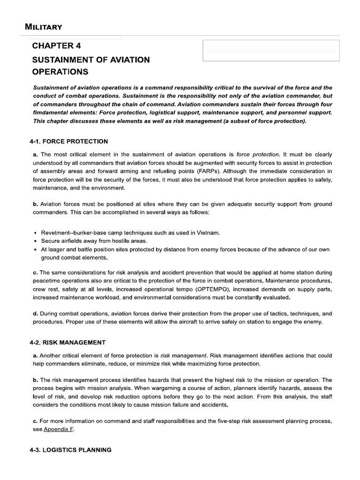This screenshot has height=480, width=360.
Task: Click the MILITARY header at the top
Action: (x=44, y=27)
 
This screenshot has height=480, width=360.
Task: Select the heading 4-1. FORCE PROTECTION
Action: (x=68, y=141)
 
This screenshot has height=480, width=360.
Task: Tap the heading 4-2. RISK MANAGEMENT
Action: (x=67, y=342)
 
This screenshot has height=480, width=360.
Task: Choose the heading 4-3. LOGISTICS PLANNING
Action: (x=70, y=450)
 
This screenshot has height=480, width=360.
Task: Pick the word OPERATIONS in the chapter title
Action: (x=60, y=72)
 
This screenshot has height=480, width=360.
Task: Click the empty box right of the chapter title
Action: (x=270, y=51)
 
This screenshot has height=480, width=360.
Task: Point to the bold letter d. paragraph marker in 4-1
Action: (x=35, y=313)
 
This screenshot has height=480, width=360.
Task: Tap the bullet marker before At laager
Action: (x=36, y=250)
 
